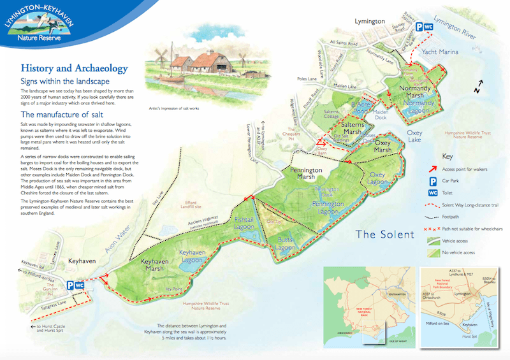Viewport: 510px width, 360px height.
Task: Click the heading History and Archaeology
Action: pos(74,68)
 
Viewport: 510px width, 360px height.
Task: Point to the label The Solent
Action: pos(385,234)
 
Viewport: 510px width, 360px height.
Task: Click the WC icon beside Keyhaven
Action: pos(80,285)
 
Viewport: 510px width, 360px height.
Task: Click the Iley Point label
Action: pos(174,289)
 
